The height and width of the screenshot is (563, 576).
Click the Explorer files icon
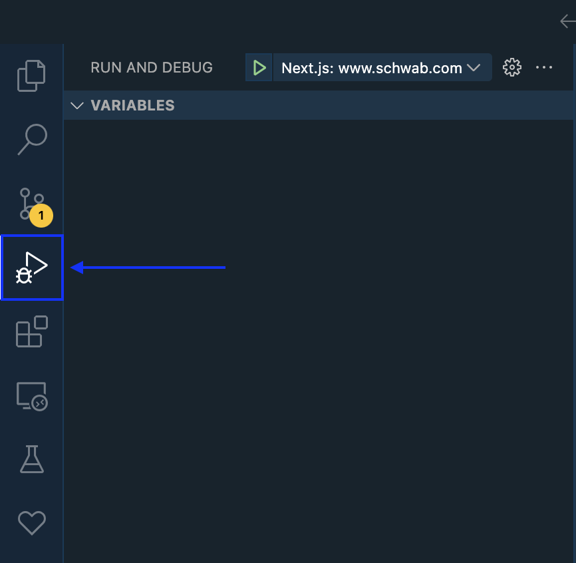point(31,75)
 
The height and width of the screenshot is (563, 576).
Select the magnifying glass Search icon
point(31,139)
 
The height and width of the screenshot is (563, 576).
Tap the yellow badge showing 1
point(41,216)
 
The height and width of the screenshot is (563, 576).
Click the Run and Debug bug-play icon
point(32,268)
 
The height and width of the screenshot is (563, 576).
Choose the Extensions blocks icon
point(31,331)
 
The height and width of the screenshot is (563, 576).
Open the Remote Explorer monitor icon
point(31,396)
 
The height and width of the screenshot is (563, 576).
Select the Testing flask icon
point(31,459)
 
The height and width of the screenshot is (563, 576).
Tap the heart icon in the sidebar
point(31,523)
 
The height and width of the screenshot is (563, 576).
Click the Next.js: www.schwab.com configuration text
point(371,68)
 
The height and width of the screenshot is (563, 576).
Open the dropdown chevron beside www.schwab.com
point(474,68)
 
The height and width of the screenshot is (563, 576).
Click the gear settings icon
point(511,67)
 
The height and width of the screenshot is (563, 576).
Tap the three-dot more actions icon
point(544,67)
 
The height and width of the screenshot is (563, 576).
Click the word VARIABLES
point(132,105)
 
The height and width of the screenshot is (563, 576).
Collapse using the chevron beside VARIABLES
point(77,105)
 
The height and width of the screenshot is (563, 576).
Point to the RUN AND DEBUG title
point(152,67)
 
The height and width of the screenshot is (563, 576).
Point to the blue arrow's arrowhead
point(77,268)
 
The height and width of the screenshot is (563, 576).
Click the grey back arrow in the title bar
point(567,21)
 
